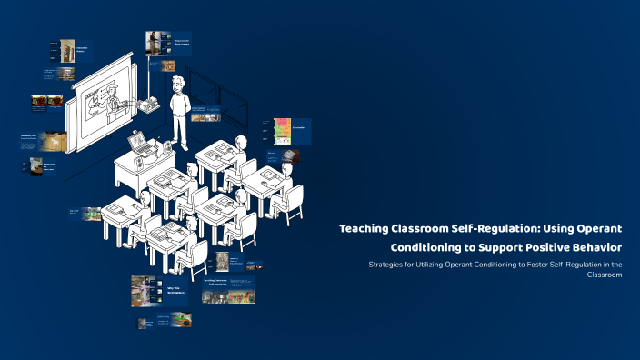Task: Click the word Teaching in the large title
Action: (364, 229)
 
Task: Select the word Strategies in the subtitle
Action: (386, 265)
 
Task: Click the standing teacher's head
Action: (176, 85)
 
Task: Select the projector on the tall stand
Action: (145, 102)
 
